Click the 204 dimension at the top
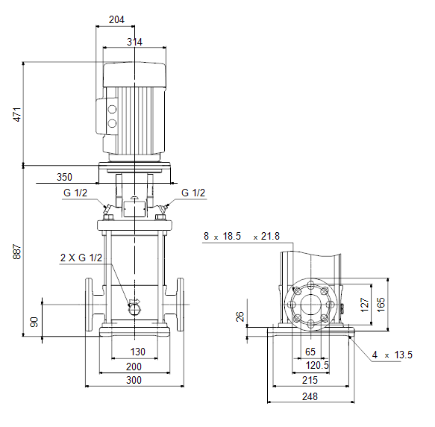click(116, 19)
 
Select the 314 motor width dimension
click(134, 42)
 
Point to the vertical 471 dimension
click(17, 114)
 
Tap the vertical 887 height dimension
click(17, 252)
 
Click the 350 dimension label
click(64, 177)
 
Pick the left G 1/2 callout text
click(75, 193)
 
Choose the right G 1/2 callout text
click(193, 193)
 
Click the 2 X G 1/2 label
click(81, 258)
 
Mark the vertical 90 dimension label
click(34, 322)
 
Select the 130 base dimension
click(138, 352)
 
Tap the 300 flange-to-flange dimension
click(134, 380)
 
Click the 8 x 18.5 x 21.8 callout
click(242, 236)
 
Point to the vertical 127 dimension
click(365, 305)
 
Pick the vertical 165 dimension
click(381, 305)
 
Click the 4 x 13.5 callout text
click(392, 355)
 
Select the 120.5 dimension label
click(317, 365)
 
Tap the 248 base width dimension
click(310, 396)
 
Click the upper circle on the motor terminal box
click(112, 110)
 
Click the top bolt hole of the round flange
click(311, 285)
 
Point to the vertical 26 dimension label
click(240, 317)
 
